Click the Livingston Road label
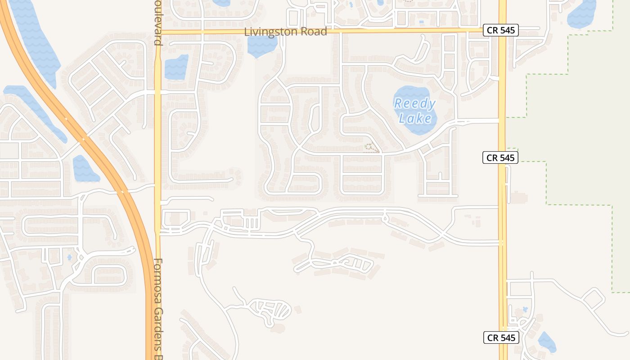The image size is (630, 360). coord(285,32)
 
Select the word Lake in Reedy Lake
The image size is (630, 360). coord(418,118)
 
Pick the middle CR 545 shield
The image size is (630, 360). coord(500,157)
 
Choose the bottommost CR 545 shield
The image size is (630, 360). coord(501,338)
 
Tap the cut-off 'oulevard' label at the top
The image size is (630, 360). coord(157,22)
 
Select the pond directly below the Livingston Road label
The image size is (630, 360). coord(261,45)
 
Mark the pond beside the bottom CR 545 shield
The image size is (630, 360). coord(547,342)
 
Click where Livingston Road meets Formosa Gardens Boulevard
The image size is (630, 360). coord(158,32)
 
